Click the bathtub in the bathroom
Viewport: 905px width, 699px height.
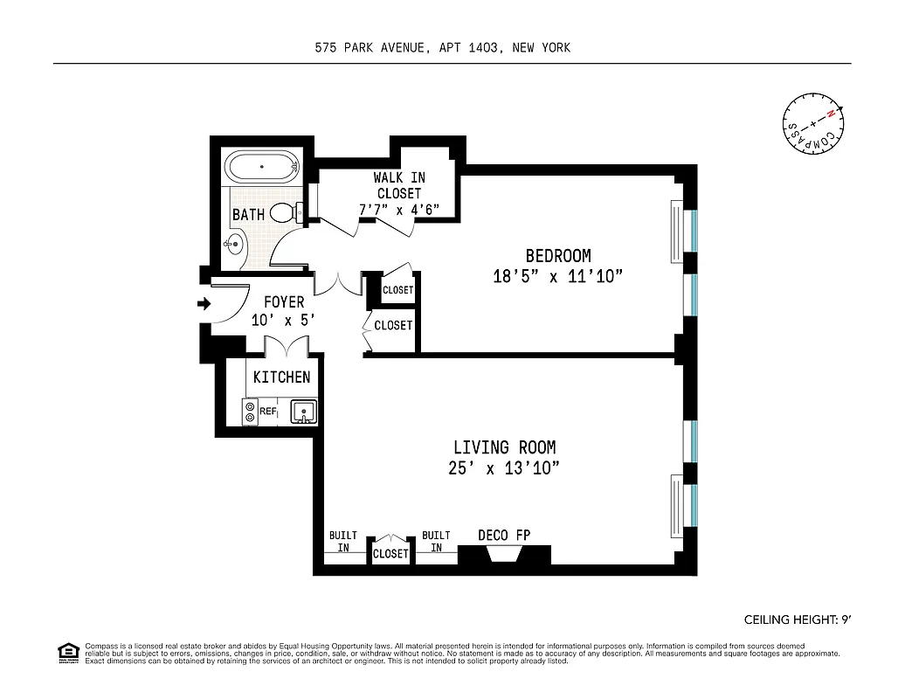pos(263,167)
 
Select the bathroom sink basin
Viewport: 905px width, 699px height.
pos(233,246)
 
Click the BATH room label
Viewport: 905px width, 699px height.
pos(248,214)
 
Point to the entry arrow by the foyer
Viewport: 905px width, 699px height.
pos(204,304)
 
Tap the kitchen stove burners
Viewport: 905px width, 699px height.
pos(251,412)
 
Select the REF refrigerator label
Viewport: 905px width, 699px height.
pos(267,411)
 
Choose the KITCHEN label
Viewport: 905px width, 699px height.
pos(281,377)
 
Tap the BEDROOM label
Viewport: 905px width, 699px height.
pos(557,256)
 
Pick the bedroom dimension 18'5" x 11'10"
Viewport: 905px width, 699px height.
pos(557,277)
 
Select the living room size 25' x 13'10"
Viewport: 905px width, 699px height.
pos(503,468)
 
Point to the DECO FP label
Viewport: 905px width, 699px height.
pos(504,536)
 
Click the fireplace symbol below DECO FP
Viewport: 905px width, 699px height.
pos(504,555)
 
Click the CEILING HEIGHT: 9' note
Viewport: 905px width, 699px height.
pos(797,619)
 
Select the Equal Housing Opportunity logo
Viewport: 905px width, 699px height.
pos(66,651)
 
